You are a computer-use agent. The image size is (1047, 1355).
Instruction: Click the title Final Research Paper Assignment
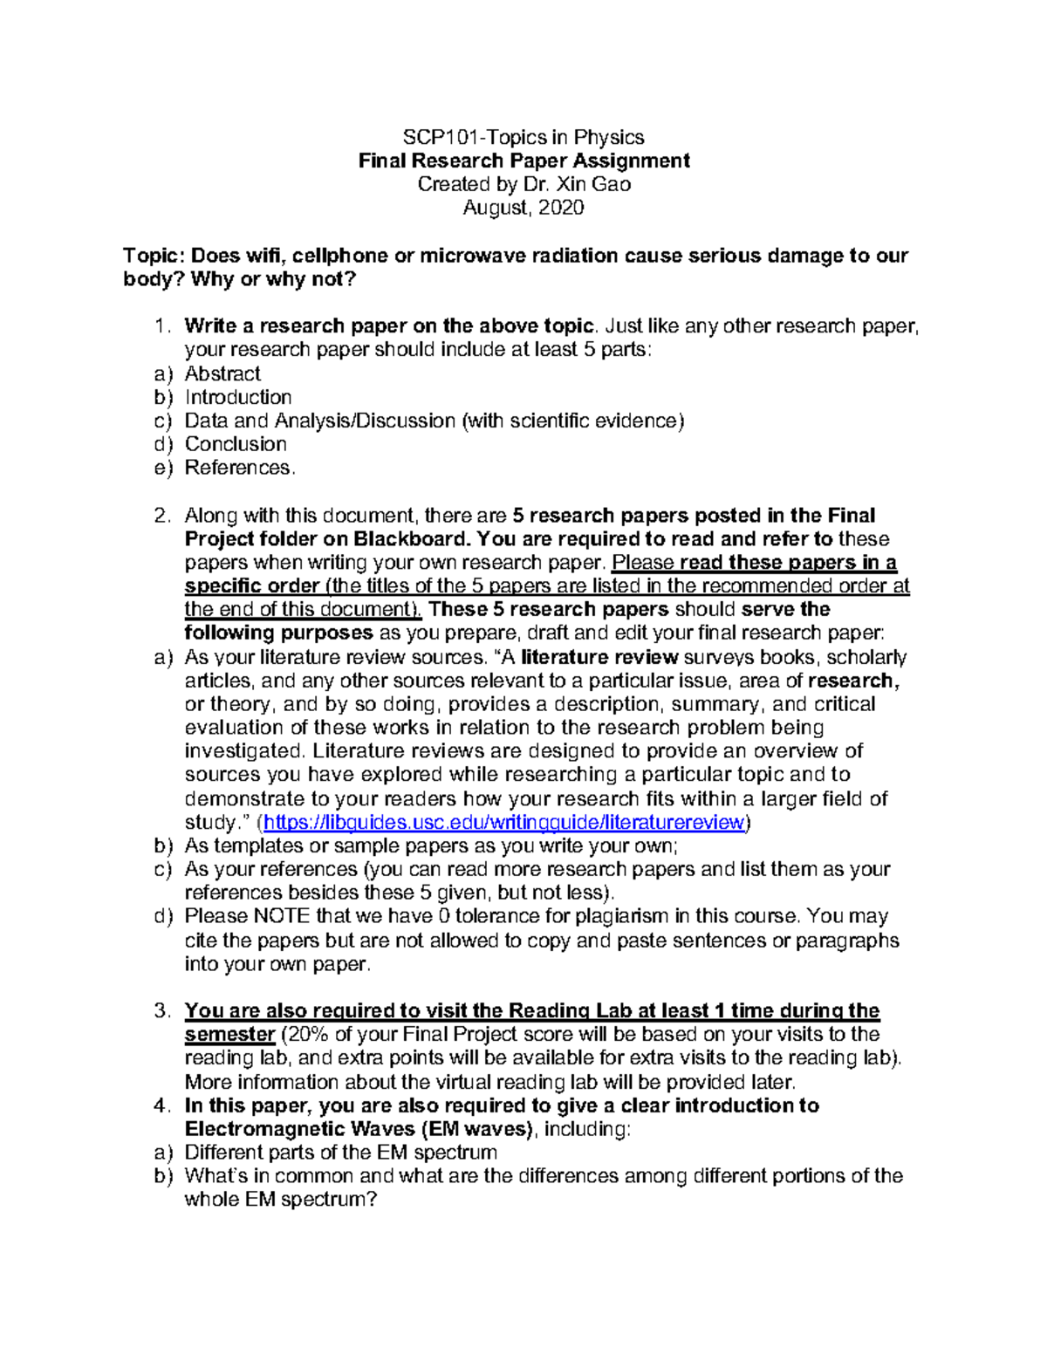pyautogui.click(x=523, y=161)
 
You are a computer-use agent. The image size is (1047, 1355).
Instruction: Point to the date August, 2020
pyautogui.click(x=523, y=208)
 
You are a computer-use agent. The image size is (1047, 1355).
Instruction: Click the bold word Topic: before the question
pyautogui.click(x=154, y=256)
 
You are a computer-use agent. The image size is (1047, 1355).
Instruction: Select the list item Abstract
pyautogui.click(x=222, y=373)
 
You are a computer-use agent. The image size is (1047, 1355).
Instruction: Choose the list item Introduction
pyautogui.click(x=238, y=397)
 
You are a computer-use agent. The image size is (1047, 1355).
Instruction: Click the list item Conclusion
pyautogui.click(x=236, y=444)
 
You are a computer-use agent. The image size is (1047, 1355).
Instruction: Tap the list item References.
pyautogui.click(x=239, y=468)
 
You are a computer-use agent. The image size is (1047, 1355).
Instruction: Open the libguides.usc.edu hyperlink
pyautogui.click(x=504, y=822)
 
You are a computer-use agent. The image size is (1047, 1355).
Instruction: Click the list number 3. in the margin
pyautogui.click(x=162, y=1011)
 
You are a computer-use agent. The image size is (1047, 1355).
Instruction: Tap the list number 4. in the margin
pyautogui.click(x=162, y=1105)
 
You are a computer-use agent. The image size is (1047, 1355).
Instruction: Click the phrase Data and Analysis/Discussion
pyautogui.click(x=319, y=421)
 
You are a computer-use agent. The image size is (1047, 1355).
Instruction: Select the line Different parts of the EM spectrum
pyautogui.click(x=340, y=1153)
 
